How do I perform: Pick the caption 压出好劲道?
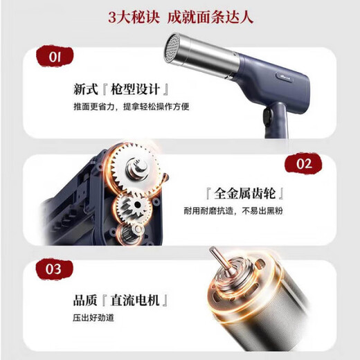95,318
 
